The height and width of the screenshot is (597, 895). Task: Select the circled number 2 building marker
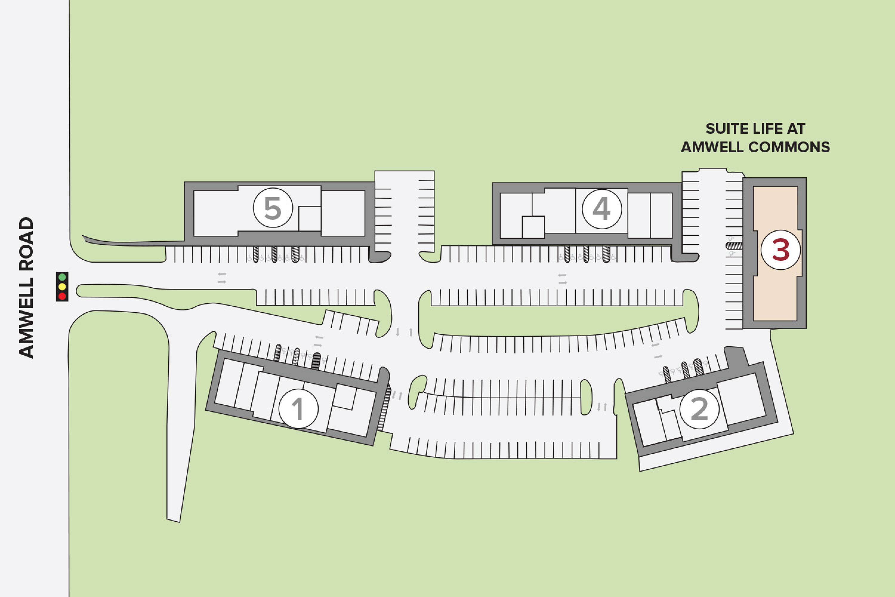699,409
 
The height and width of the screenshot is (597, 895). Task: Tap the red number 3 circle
780,250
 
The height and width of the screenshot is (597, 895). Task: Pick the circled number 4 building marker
602,209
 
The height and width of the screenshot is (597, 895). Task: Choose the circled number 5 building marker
273,208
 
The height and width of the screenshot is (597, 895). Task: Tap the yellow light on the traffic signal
62,286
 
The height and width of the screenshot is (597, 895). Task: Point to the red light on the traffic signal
62,296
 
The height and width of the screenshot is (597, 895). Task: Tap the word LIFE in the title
762,129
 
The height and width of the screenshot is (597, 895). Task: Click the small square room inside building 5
310,219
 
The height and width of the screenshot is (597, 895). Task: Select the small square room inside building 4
533,227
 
